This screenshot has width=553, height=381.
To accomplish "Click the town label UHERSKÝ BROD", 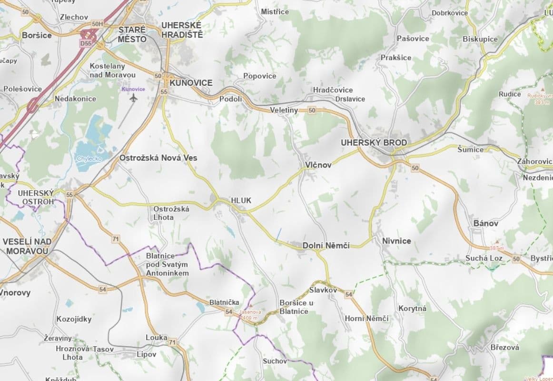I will coord(374,143).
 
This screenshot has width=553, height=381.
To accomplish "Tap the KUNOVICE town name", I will coord(190,83).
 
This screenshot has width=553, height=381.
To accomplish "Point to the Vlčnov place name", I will coord(317,165).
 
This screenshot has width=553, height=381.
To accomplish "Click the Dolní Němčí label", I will coord(326,246).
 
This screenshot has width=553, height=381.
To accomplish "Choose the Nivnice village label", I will coord(396,241).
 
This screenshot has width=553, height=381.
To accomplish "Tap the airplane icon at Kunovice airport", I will coord(133,98).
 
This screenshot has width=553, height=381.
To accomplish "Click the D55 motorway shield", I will coord(86,43).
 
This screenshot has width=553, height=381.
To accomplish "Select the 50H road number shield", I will coord(97,24).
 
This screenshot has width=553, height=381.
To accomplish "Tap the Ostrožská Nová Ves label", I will coord(158,158).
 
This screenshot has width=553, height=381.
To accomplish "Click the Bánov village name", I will coord(485,223).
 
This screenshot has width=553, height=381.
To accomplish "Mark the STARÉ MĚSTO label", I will coord(132,35).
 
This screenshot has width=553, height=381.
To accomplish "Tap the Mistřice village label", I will coord(275,11).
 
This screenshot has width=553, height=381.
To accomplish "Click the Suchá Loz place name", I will coord(484,259).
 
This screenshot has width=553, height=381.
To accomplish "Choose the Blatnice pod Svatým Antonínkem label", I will coord(167,264).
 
